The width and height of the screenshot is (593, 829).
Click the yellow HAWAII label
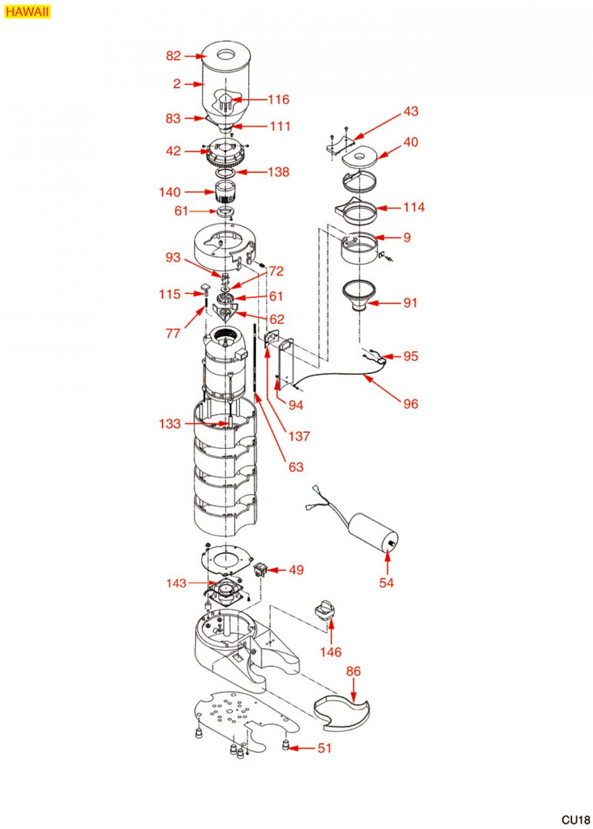click(27, 12)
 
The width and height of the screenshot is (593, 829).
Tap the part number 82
click(173, 56)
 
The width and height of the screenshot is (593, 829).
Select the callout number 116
click(279, 99)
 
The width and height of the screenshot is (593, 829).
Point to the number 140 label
click(170, 192)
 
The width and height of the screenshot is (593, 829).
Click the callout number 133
click(170, 424)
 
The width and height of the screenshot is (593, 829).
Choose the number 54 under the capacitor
click(386, 583)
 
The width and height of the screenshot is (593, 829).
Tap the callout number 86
click(353, 671)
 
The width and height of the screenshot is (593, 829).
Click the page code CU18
click(576, 820)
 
